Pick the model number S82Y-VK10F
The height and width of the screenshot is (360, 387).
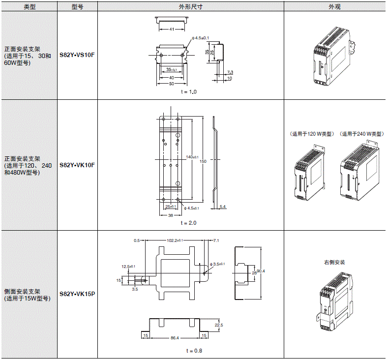77,165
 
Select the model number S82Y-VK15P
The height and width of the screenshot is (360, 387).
77,294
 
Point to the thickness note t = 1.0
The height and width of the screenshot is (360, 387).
188,92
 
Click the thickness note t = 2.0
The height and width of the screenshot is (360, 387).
188,223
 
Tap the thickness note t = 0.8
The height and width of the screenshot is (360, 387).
194,351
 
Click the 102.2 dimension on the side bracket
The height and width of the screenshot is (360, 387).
175,240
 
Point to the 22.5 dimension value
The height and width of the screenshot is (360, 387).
219,325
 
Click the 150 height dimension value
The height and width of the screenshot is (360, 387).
203,161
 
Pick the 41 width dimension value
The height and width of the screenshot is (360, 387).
172,30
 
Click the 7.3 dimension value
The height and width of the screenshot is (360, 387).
230,72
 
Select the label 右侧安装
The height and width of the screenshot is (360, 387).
334,262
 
